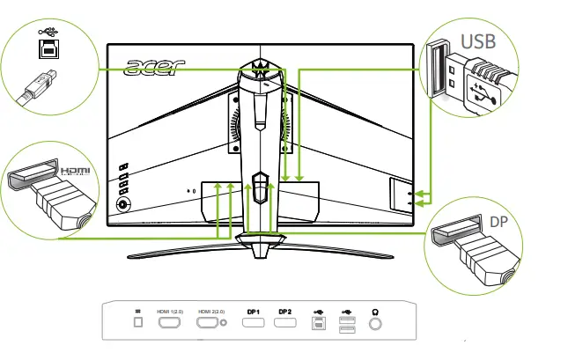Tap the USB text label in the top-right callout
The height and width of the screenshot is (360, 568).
click(478, 40)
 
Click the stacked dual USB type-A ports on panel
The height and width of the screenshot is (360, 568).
click(346, 325)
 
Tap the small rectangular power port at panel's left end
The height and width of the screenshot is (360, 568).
click(136, 324)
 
